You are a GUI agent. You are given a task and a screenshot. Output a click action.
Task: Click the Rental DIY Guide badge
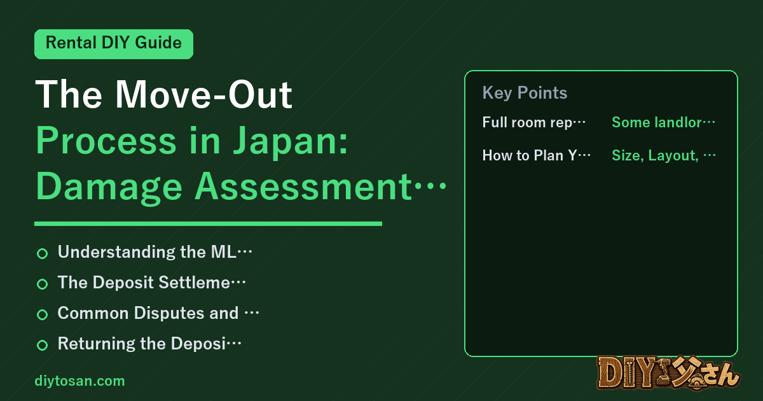pos(114,44)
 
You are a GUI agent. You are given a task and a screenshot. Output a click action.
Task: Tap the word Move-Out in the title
pos(203,94)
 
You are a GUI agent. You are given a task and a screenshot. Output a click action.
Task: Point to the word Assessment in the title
pos(303,186)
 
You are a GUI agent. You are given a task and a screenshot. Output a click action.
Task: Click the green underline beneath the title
pos(208,224)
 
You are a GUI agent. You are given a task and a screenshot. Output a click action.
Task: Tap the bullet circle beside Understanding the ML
pos(42,253)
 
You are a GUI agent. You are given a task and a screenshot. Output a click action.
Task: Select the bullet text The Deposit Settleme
pos(151,283)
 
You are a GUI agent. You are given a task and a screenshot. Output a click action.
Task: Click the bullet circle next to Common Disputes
pos(42,314)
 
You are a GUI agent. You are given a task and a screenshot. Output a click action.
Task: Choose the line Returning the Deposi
pos(149,343)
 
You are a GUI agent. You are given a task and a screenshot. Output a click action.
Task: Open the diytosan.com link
pos(79,381)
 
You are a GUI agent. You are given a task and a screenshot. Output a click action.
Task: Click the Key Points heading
pos(525,93)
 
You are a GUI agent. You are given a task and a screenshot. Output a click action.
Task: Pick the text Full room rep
pos(533,122)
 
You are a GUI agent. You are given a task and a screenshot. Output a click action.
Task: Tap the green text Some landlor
pos(663,122)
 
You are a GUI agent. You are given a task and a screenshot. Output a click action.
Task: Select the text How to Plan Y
pos(537,155)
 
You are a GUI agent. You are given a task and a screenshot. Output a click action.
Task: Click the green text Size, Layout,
pos(664,155)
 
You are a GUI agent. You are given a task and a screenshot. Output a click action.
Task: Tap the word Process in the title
pos(106,141)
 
